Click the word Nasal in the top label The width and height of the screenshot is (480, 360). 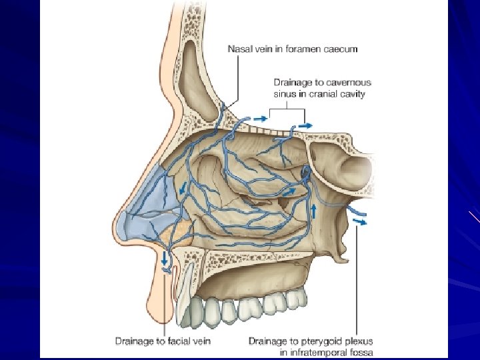pyautogui.click(x=239, y=49)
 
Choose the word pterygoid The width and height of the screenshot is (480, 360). pyautogui.click(x=315, y=341)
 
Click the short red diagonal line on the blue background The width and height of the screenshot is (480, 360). pyautogui.click(x=474, y=217)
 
